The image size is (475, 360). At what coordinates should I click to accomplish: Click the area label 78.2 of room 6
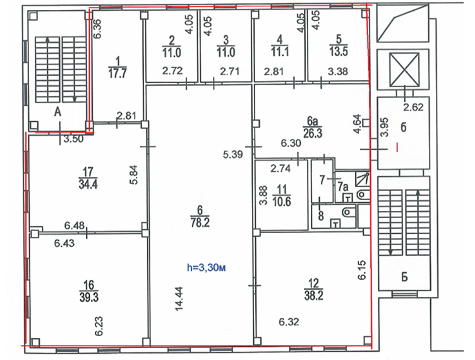click(x=200, y=223)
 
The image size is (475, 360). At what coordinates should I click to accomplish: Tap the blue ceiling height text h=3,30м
click(x=207, y=268)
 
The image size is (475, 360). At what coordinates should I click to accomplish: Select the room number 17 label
click(x=88, y=172)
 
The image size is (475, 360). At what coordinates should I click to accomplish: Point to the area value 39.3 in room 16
click(x=88, y=297)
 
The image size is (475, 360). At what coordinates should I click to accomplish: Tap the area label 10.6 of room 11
click(x=282, y=201)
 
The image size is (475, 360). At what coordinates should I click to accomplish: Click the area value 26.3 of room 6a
click(x=313, y=133)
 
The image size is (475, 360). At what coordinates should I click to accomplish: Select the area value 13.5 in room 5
click(x=339, y=51)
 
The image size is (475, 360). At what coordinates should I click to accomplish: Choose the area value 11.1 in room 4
click(x=279, y=52)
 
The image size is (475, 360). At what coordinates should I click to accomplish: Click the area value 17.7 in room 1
click(x=117, y=73)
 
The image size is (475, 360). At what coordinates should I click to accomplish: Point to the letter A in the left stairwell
click(x=57, y=112)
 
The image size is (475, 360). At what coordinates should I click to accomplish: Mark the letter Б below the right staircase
click(x=404, y=277)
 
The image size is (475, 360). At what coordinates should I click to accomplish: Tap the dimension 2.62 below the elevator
click(x=413, y=107)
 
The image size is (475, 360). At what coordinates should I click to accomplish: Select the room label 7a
click(x=342, y=186)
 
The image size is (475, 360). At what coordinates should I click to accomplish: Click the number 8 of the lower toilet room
click(x=321, y=216)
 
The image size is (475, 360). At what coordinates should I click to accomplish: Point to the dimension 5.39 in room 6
click(x=232, y=154)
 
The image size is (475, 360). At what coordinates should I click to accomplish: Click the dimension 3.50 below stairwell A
click(x=74, y=140)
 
